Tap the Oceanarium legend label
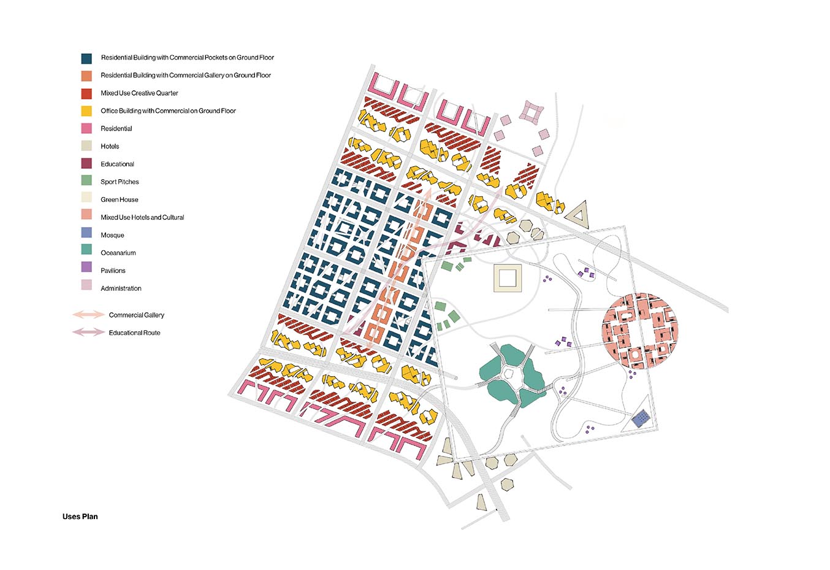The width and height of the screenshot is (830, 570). [x=118, y=253]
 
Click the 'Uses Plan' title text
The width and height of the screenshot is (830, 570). [x=80, y=517]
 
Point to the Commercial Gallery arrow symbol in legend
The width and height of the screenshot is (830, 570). [x=88, y=315]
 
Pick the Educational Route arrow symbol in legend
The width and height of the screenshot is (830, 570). [x=88, y=333]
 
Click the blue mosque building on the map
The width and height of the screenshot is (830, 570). [x=641, y=419]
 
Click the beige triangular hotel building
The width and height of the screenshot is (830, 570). [x=576, y=215]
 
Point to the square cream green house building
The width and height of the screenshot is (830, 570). [x=508, y=278]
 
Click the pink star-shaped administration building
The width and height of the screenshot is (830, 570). [x=531, y=112]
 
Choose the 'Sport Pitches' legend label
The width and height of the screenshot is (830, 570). [x=120, y=182]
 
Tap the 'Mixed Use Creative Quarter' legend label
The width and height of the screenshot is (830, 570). [x=139, y=93]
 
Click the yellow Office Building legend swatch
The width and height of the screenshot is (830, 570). [x=86, y=111]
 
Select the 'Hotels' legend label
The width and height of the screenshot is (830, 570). [x=110, y=147]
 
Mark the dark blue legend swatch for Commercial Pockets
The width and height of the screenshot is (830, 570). [x=86, y=58]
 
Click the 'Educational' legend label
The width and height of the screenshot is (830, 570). [x=117, y=164]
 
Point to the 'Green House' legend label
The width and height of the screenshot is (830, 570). [x=120, y=199]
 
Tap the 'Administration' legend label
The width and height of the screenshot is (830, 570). [x=121, y=288]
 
